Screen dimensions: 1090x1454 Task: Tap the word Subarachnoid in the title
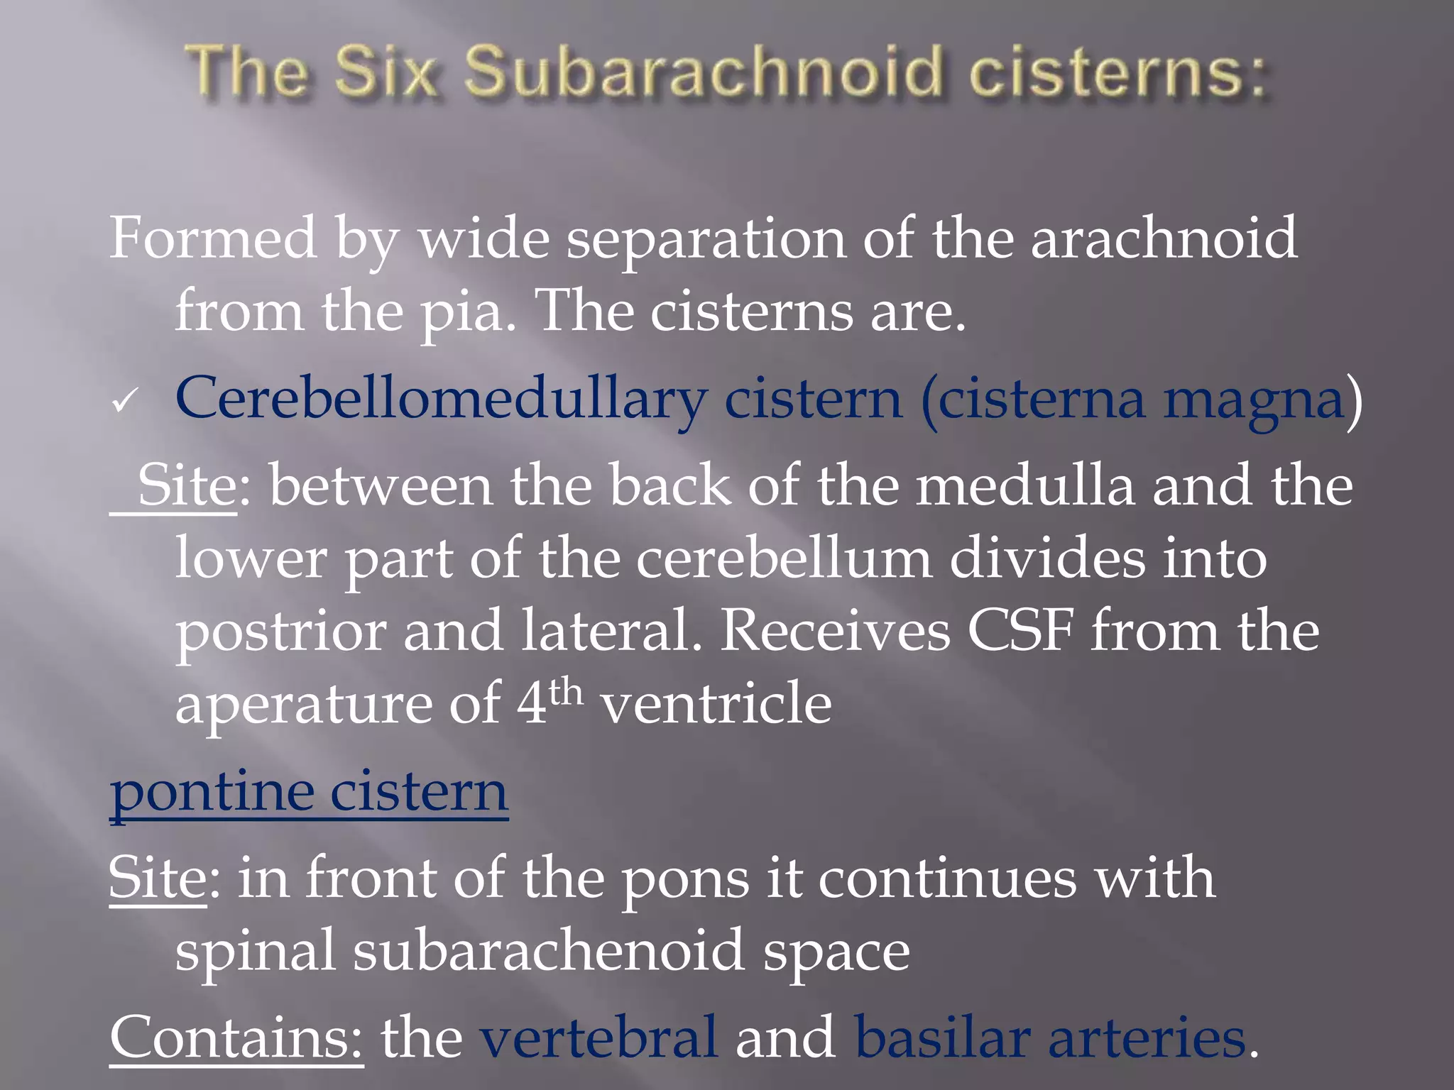pos(703,72)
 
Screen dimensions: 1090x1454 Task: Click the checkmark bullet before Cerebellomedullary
pos(124,402)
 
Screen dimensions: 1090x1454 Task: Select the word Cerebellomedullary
pos(440,400)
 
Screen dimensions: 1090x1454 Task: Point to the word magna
pos(1253,400)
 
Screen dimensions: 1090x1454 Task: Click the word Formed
pos(213,238)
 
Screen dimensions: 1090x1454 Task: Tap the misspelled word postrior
pos(280,632)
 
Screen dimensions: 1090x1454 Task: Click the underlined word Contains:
pos(236,1037)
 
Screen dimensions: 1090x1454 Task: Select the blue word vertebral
pos(598,1037)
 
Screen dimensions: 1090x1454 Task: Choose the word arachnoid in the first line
pos(1164,238)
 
